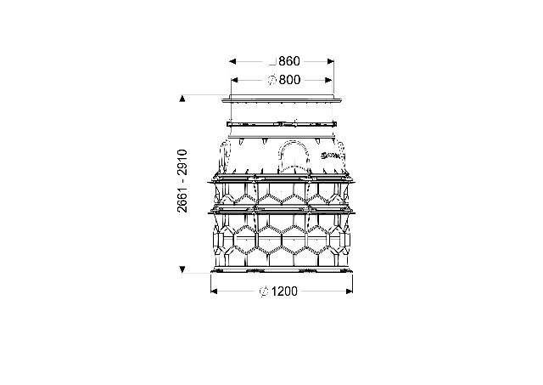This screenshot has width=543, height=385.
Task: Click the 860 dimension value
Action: coord(289,61)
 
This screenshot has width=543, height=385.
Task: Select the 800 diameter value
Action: coord(289,80)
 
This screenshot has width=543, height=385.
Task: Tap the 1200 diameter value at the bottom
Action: coord(284,292)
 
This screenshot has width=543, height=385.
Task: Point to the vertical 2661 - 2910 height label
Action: coord(182,181)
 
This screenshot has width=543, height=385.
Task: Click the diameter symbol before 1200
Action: coord(264,292)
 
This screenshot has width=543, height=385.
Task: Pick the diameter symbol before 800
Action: coord(272,80)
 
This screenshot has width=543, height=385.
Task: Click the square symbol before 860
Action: coord(272,62)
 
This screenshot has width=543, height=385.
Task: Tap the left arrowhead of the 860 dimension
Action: coord(232,62)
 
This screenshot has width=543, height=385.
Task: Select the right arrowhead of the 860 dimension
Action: coord(331,62)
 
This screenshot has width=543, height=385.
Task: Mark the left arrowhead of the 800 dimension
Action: coord(234,81)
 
